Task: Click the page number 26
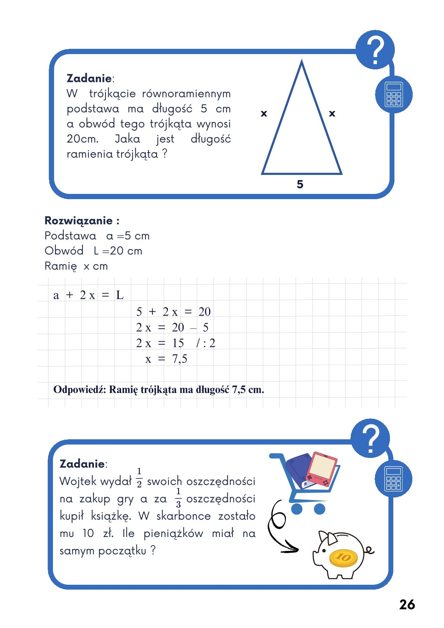tap(407, 605)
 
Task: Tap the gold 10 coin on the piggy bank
tap(343, 558)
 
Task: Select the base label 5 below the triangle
tap(300, 184)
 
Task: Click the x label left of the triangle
tap(264, 113)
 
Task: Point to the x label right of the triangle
tap(332, 113)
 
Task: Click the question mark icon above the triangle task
tap(375, 50)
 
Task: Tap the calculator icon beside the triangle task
tap(394, 95)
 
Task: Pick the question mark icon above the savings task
tap(370, 438)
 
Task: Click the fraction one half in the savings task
tap(139, 478)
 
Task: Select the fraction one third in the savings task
tap(178, 497)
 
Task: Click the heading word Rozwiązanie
tap(78, 221)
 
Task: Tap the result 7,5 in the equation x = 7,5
tap(179, 359)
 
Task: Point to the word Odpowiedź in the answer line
tap(79, 390)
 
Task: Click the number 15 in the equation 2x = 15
tap(178, 343)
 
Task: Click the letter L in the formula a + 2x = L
tap(120, 295)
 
